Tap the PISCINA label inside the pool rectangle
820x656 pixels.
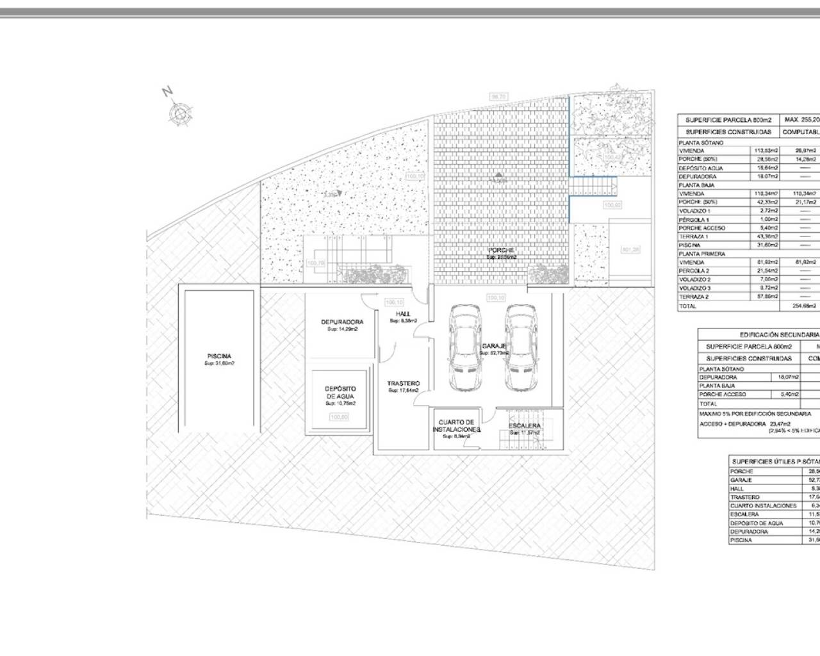(219, 356)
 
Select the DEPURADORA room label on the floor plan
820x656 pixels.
(342, 322)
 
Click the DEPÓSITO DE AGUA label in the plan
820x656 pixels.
(340, 392)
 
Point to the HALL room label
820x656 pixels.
(403, 314)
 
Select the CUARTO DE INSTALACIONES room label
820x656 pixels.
(455, 425)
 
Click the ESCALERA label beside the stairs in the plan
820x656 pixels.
(525, 425)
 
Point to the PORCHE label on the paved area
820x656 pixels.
(501, 250)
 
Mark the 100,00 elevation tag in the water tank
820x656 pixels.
(339, 416)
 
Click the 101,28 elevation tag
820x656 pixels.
(630, 249)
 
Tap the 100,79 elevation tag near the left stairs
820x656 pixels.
(316, 262)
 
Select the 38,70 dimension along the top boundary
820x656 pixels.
(498, 97)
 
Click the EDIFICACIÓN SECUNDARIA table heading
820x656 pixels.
(779, 334)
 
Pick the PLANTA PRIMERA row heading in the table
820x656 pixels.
(701, 254)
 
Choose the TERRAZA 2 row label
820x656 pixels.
(694, 297)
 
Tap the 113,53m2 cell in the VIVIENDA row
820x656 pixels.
(766, 151)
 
